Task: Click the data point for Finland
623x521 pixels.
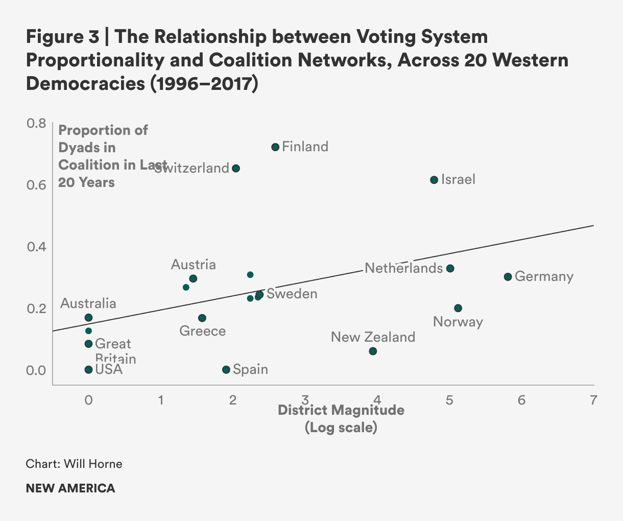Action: click(275, 147)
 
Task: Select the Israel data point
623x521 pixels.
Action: click(434, 180)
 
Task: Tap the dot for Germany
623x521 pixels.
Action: click(508, 277)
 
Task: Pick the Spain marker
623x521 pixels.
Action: click(226, 369)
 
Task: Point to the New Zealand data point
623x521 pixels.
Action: click(373, 351)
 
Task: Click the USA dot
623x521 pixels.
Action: click(88, 369)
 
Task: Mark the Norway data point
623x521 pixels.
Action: click(458, 308)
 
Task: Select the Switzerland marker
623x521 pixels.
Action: click(236, 169)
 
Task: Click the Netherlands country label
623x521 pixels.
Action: click(403, 268)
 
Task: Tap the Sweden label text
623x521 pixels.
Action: click(292, 294)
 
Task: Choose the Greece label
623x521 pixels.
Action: click(203, 331)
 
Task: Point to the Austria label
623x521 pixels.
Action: click(193, 265)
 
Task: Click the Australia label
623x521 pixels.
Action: click(88, 303)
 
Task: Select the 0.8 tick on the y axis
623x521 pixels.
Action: click(36, 123)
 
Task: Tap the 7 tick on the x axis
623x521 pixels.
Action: click(593, 399)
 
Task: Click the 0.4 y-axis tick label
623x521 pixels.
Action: click(36, 247)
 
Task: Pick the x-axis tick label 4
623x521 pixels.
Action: click(377, 399)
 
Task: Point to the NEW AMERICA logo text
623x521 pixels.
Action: click(70, 488)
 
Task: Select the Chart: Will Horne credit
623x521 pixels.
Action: click(74, 464)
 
